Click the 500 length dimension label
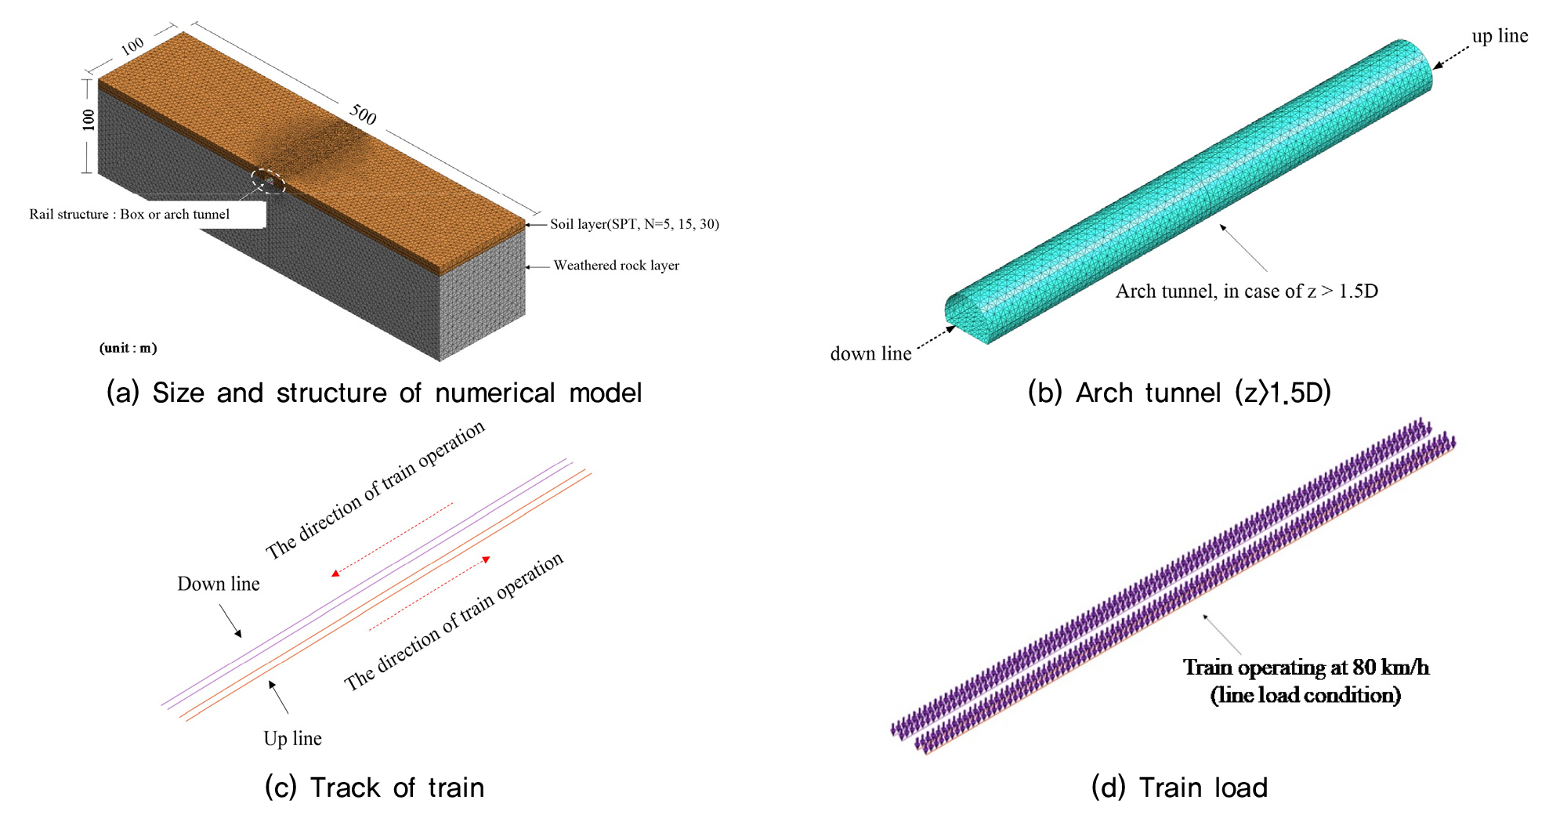(x=363, y=114)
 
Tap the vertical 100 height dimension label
(x=89, y=119)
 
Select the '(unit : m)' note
(x=128, y=348)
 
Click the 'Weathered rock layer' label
(x=616, y=266)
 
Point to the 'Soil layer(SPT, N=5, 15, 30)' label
(x=634, y=224)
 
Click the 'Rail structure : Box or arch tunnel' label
(x=129, y=214)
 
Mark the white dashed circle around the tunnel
(x=268, y=181)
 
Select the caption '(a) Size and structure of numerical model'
(x=374, y=393)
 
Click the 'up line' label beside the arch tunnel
(x=1500, y=36)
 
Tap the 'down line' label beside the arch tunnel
(x=870, y=354)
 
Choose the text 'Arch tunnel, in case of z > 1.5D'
(x=1246, y=291)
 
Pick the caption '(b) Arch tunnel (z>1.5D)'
(x=1179, y=393)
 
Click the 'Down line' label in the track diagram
(x=219, y=584)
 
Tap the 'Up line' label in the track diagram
(x=292, y=738)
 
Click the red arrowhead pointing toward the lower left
(x=335, y=574)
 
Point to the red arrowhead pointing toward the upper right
(x=487, y=559)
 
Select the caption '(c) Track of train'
(x=374, y=787)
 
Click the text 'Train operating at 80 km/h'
(x=1305, y=668)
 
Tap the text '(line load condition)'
(x=1305, y=695)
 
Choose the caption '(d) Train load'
(x=1179, y=787)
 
